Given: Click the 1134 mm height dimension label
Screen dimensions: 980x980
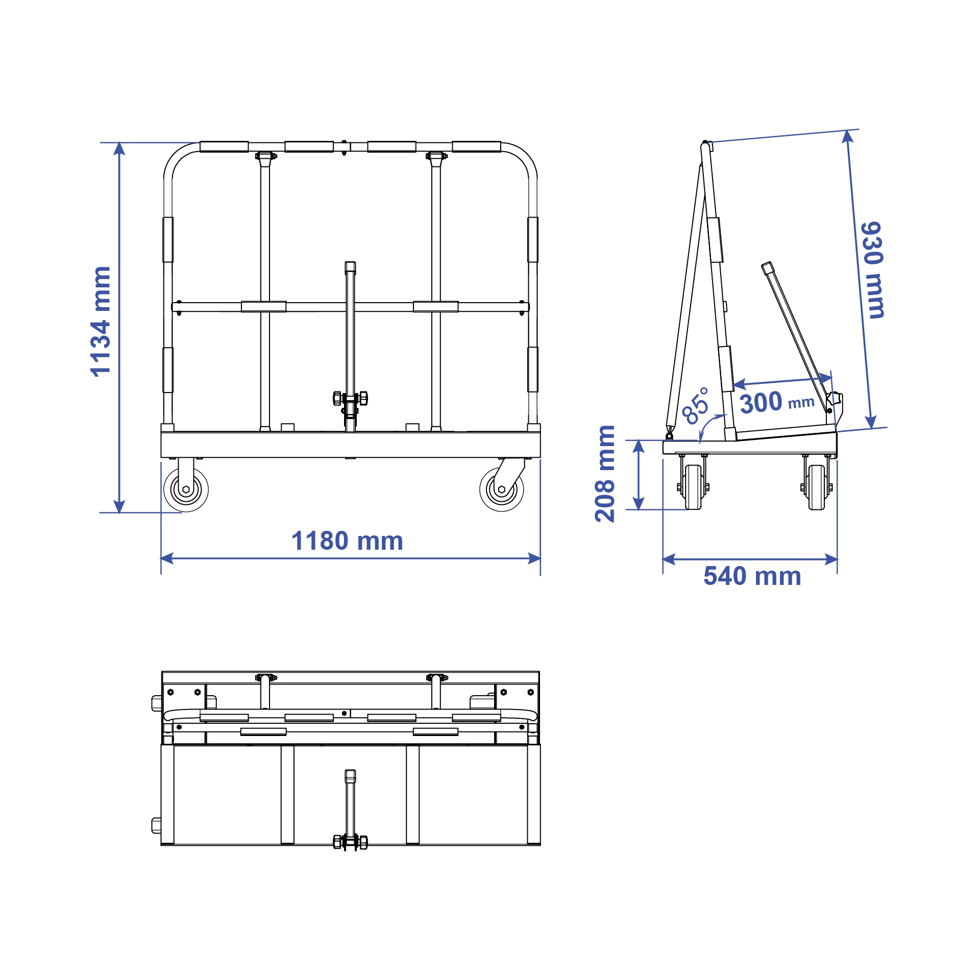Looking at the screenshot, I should [x=100, y=322].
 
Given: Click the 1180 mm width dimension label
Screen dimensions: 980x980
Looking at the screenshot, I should [x=347, y=541].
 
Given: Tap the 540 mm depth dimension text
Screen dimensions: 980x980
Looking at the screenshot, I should [x=752, y=576].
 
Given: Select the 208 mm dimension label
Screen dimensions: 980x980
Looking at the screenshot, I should [x=605, y=474].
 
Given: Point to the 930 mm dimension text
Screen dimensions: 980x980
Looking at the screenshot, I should [x=872, y=271].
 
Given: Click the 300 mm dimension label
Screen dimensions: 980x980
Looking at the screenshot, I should [x=776, y=402].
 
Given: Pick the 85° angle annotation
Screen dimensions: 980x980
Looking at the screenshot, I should [x=696, y=406].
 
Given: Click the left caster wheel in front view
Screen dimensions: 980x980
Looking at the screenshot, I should [x=186, y=489].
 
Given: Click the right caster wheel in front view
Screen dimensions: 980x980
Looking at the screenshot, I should [x=502, y=489].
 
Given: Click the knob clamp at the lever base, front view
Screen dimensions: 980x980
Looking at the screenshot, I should [x=350, y=398].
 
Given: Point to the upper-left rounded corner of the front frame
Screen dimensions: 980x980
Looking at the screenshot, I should [x=176, y=156].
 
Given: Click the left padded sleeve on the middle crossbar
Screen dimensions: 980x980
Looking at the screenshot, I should [x=263, y=306].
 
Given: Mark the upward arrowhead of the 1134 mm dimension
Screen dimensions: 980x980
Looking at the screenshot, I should [x=119, y=149].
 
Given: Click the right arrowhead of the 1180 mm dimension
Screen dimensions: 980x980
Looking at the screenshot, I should [x=534, y=558].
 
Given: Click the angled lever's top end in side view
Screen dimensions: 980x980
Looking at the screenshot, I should [x=767, y=266].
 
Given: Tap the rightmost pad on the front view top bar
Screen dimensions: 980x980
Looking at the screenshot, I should [x=476, y=147].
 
